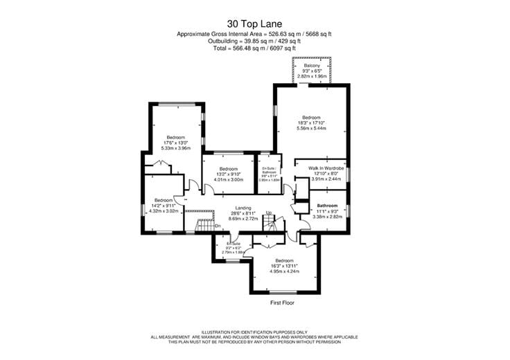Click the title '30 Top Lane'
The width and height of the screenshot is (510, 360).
254,23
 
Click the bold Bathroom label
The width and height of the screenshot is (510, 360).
327,206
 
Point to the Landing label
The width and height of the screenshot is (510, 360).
243,208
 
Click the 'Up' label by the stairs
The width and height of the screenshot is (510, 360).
268,212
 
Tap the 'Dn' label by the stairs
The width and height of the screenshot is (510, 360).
217,225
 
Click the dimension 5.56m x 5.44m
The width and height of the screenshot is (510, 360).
311,129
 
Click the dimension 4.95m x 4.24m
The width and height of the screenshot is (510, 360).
285,271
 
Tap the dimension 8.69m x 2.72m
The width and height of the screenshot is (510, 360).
243,218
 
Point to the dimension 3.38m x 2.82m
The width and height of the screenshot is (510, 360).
327,217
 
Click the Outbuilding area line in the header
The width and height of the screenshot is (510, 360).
254,41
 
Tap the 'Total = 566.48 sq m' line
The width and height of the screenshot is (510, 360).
254,48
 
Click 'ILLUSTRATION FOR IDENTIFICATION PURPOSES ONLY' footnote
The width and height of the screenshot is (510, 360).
254,332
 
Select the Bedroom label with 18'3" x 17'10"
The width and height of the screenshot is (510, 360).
311,118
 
